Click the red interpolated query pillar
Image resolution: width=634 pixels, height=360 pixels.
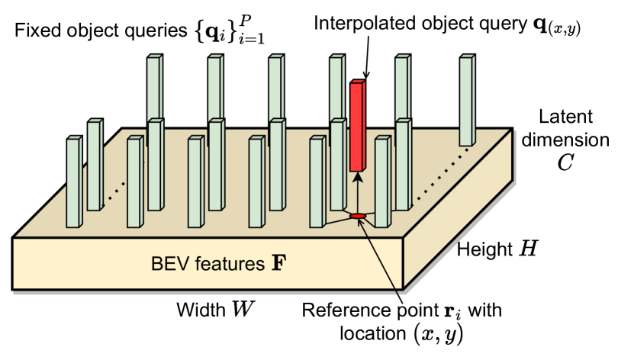coord(357,126)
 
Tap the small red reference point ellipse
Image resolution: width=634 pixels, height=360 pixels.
coord(357,217)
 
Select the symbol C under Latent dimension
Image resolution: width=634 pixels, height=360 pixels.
coord(565,162)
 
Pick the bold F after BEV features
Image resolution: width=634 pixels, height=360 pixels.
coord(281,265)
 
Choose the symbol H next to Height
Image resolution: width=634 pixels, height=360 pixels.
coord(530,249)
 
